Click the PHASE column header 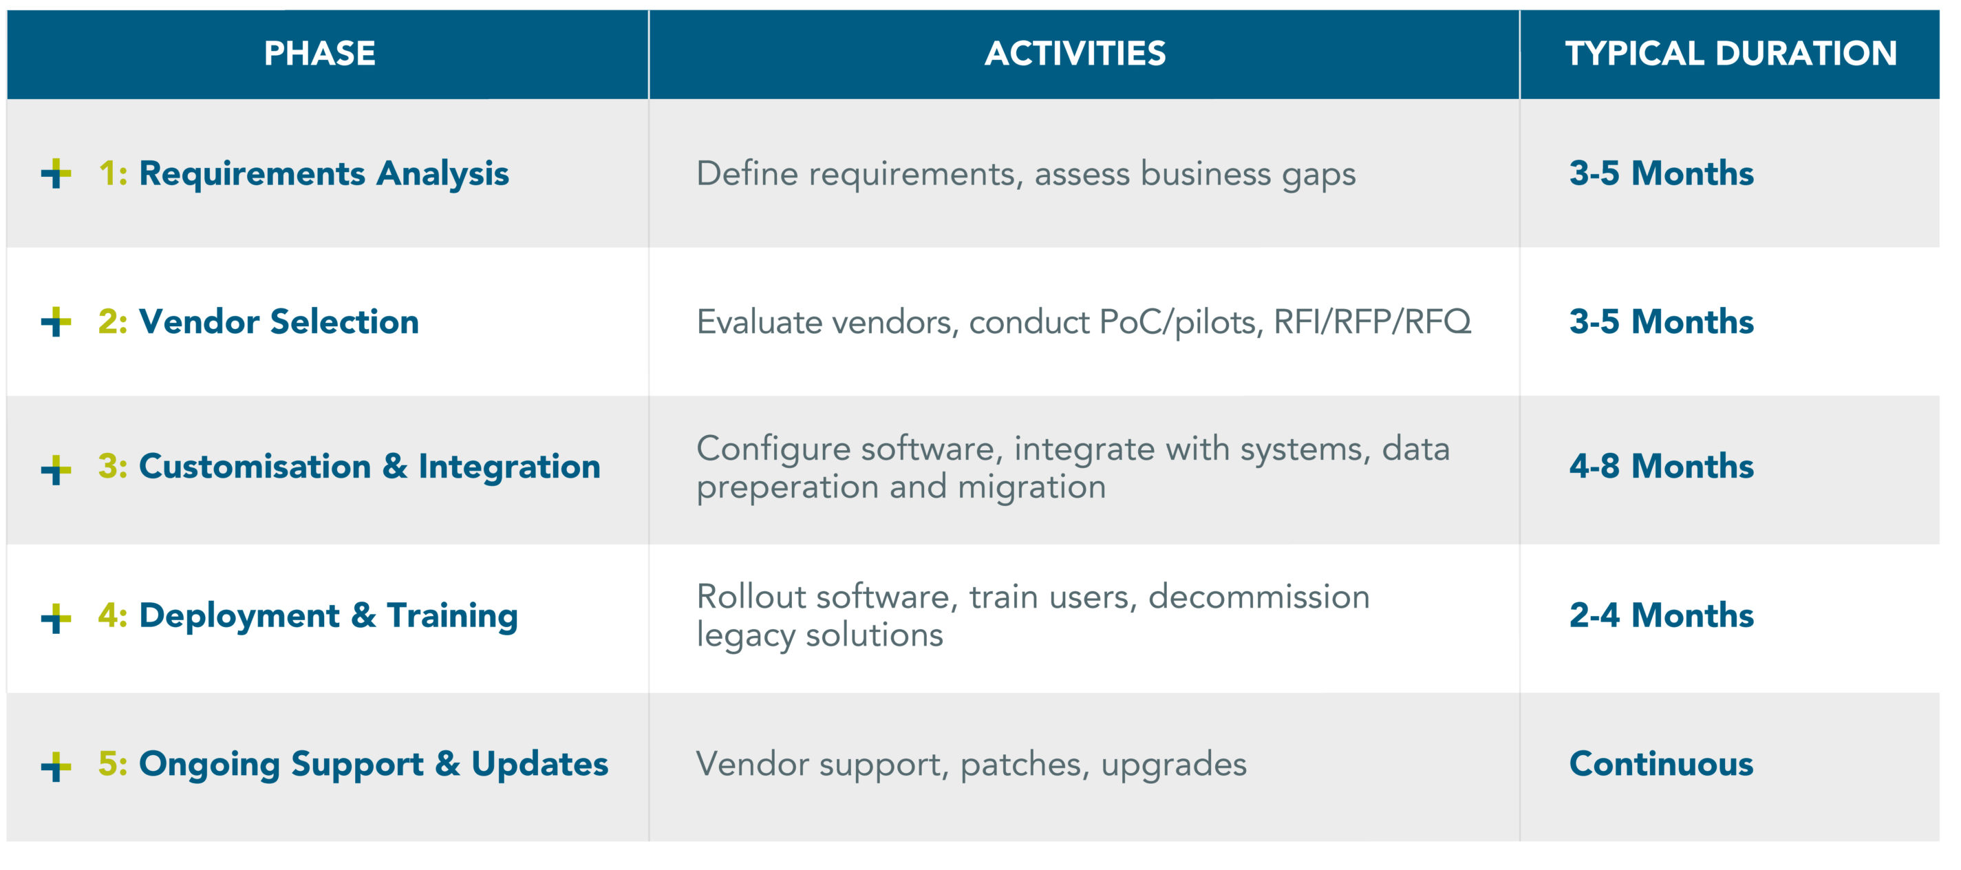(320, 53)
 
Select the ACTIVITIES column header (1075, 53)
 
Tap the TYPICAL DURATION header (1730, 53)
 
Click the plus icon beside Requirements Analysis (56, 173)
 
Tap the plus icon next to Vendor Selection (56, 321)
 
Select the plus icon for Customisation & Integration (56, 469)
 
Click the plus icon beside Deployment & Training (56, 618)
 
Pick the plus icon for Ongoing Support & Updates (56, 766)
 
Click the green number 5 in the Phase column (108, 763)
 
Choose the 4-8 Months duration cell (1661, 466)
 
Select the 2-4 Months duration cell (1661, 615)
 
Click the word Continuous (1661, 763)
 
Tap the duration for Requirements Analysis (1661, 173)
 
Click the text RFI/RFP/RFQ (1373, 322)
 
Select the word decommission (1259, 597)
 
